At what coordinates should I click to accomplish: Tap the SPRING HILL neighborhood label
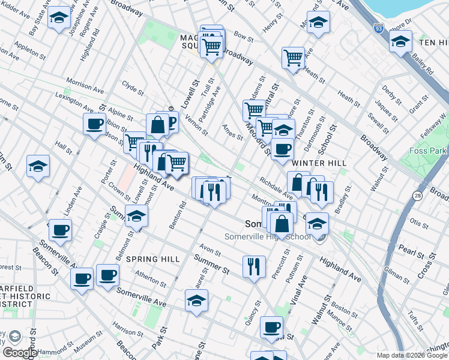pos(154,259)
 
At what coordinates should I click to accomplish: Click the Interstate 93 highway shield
pos(378,28)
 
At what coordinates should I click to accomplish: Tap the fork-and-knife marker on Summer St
pos(254,265)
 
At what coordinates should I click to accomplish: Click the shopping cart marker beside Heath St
pos(293,58)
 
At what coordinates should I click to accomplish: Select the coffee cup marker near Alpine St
pos(94,124)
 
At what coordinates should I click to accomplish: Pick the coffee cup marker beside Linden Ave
pos(59,229)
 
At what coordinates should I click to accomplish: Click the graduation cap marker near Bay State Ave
pos(59,17)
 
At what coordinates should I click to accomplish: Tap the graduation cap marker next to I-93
pos(400,41)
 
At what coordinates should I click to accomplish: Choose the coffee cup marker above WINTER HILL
pos(282,149)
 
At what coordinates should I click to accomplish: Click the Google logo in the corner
pos(19,353)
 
